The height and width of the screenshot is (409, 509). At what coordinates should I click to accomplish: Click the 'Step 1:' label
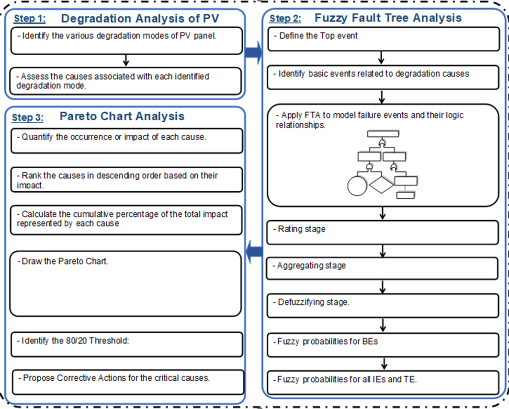coord(30,19)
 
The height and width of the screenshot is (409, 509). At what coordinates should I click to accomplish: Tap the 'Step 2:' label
coord(285,19)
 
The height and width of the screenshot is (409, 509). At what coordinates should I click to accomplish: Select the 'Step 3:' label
coord(28,117)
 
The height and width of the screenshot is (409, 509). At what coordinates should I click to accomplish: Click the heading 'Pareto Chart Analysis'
coord(122,116)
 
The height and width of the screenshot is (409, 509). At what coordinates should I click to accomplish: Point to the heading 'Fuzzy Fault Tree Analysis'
coord(388,18)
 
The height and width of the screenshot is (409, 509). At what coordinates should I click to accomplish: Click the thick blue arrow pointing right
coord(253,52)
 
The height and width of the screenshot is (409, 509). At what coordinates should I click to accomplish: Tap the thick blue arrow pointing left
coord(254,251)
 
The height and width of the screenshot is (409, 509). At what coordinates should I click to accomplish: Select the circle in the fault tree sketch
coord(357,186)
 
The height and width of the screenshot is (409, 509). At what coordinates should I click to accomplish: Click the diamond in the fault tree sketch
coord(382,185)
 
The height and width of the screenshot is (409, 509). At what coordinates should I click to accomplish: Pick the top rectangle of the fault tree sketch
coord(383,134)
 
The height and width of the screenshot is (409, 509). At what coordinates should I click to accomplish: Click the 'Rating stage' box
coord(383,233)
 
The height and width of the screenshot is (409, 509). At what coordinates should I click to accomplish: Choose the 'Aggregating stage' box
coord(382,269)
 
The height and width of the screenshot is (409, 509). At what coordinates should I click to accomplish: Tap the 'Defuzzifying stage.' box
coord(383,305)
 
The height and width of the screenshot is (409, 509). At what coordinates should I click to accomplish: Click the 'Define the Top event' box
coord(384,39)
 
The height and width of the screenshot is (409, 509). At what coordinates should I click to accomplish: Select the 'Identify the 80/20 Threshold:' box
coord(127,344)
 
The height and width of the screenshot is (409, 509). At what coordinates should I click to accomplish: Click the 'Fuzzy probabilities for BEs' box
coord(383,345)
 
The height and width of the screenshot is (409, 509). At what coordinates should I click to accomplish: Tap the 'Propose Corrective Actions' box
coord(128,382)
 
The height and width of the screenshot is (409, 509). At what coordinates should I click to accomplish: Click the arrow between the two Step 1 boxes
coord(126,60)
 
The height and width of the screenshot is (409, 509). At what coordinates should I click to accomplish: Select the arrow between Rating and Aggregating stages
coord(383,251)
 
